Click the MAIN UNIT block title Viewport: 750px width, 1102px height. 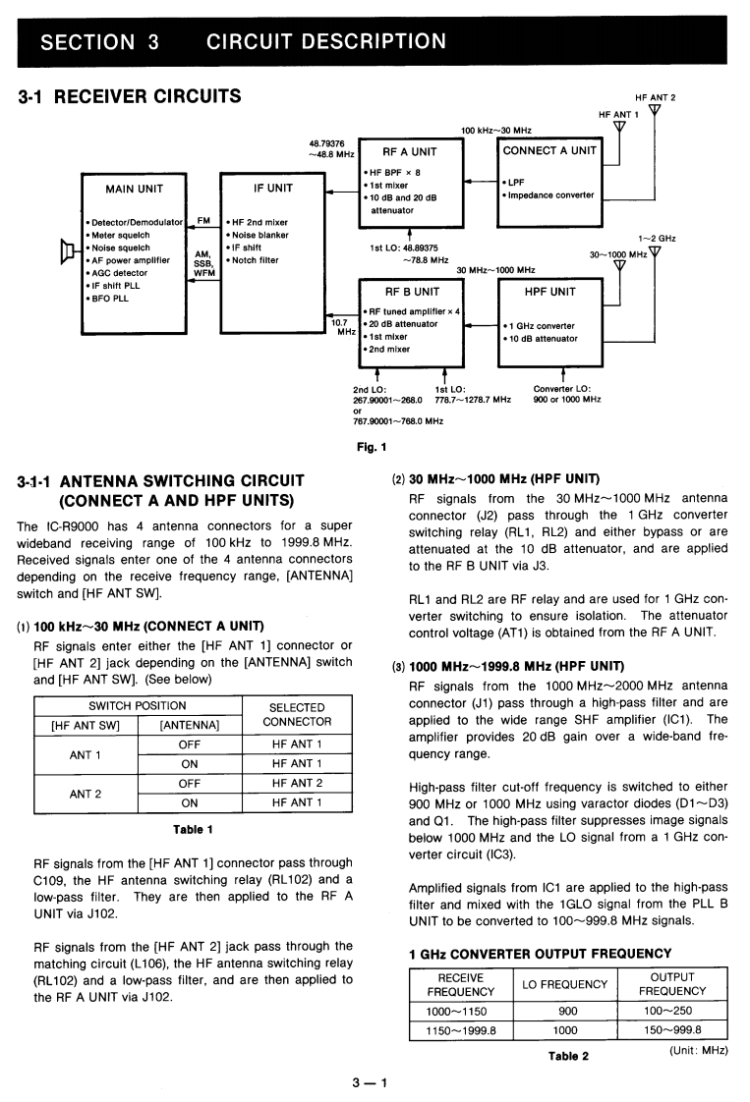coord(134,189)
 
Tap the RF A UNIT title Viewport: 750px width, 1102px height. coord(409,152)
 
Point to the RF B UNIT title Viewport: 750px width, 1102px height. coord(412,292)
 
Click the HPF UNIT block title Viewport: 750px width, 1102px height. coord(549,292)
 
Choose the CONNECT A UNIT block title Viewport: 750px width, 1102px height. coord(549,150)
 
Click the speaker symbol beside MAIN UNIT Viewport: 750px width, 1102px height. coord(69,252)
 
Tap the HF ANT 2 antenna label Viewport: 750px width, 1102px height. coord(655,98)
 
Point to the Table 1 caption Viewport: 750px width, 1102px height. coord(194,829)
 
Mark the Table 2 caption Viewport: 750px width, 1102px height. coord(568,1056)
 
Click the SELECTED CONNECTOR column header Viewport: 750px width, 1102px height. coord(296,714)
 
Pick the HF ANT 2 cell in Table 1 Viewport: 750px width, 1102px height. coord(296,783)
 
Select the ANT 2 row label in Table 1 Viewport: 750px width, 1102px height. coord(85,793)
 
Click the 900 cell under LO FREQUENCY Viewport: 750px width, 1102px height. coord(567,1011)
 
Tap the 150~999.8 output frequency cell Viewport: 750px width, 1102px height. coord(672,1030)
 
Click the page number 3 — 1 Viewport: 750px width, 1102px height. coord(370,1083)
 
